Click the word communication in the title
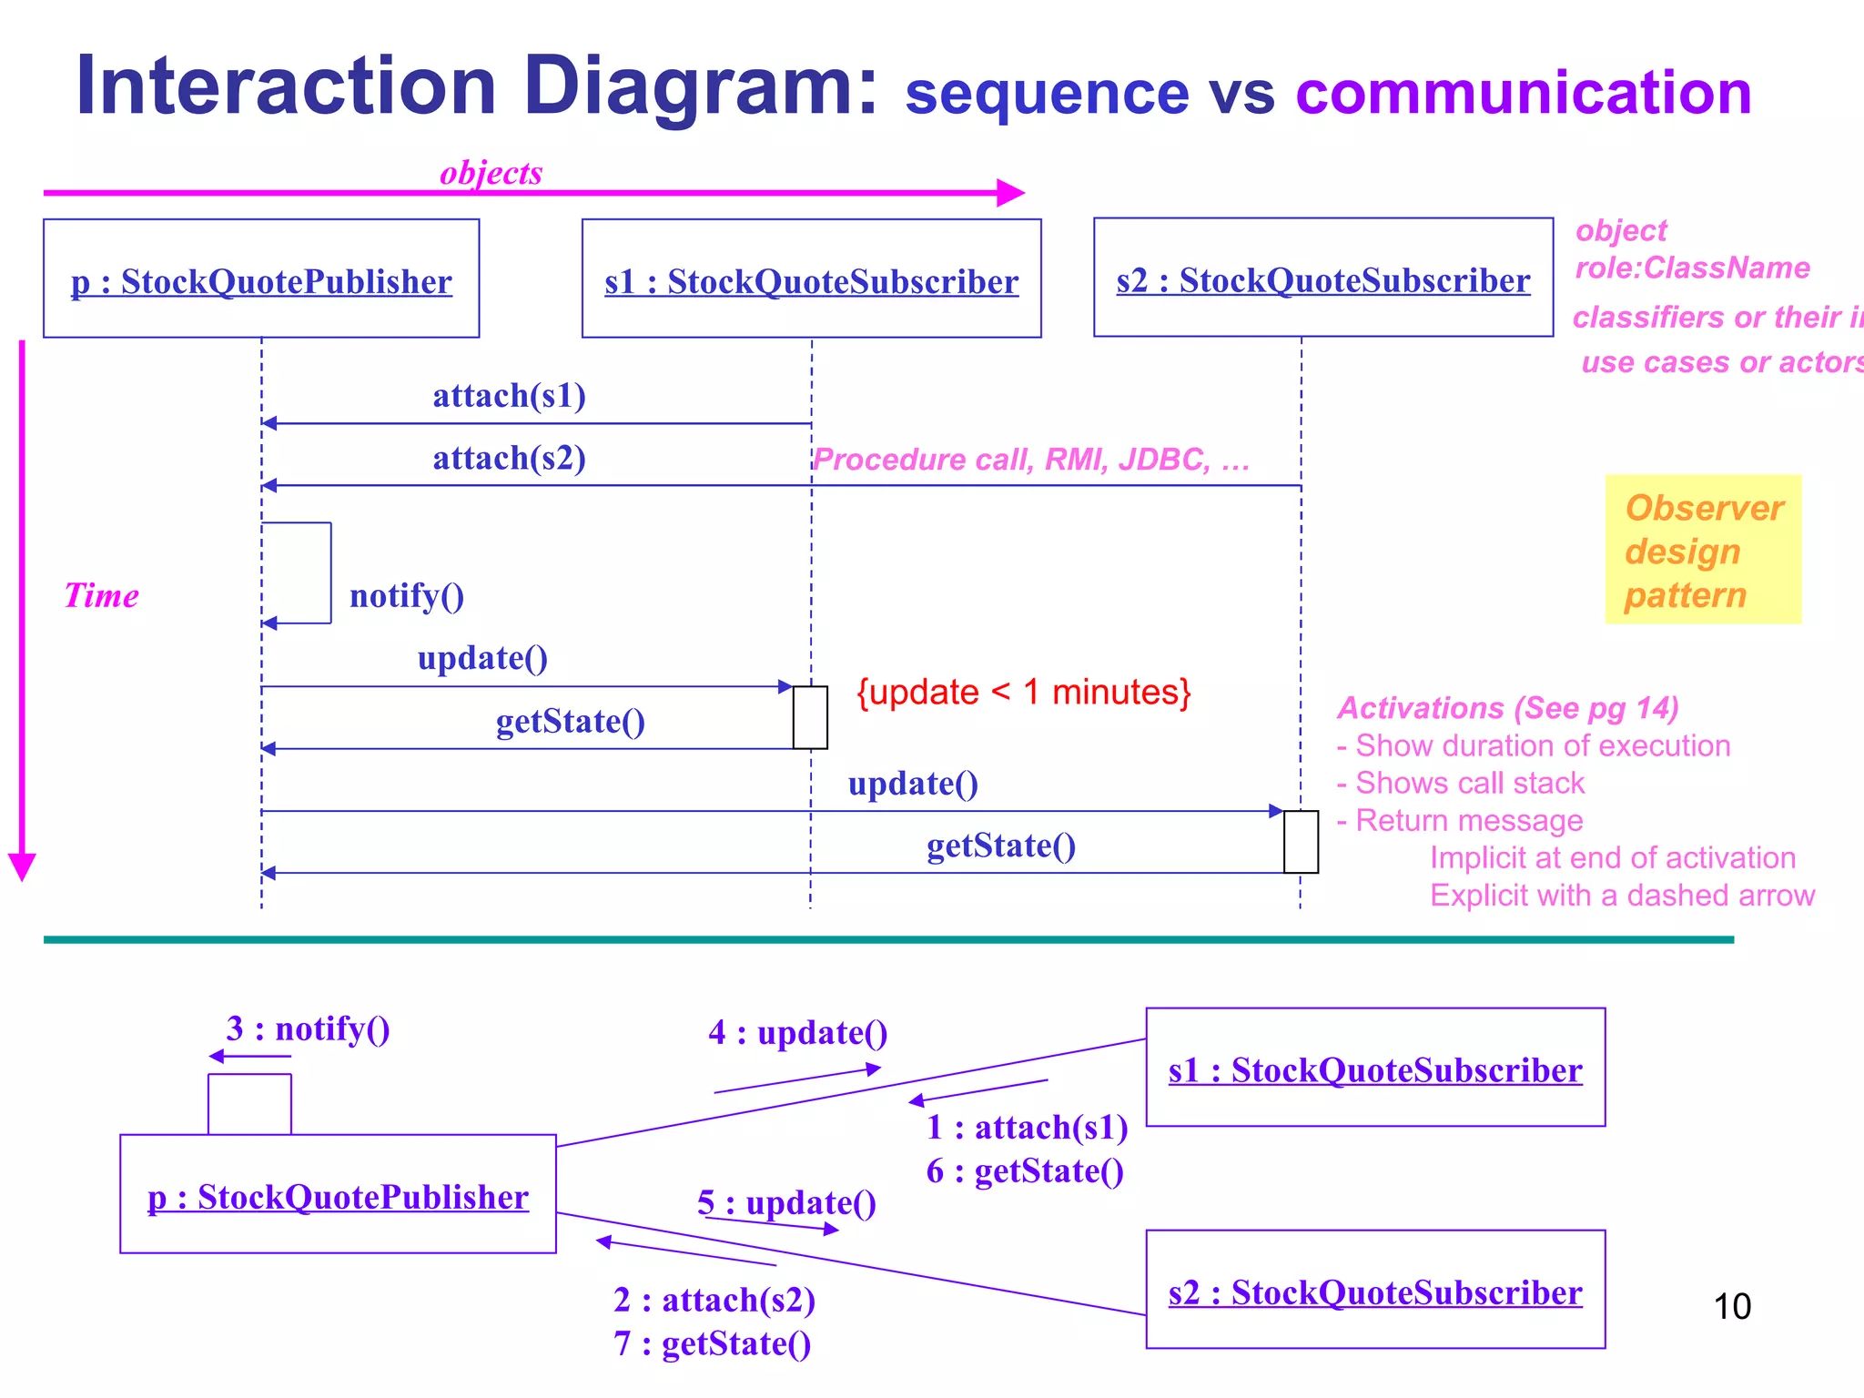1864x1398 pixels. point(1523,93)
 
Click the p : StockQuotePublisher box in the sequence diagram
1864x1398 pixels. point(261,279)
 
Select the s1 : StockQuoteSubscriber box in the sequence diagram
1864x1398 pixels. point(811,279)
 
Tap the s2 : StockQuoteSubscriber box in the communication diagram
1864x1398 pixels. point(1374,1290)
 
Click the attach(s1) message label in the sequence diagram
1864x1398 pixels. point(509,396)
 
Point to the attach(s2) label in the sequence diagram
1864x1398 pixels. point(509,458)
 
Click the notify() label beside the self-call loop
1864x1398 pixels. point(407,596)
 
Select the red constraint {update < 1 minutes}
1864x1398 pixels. point(1023,693)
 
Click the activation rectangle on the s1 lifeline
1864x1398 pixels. point(809,717)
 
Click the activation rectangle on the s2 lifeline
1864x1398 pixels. point(1300,841)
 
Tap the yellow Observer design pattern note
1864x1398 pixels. point(1702,550)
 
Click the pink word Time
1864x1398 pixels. point(101,595)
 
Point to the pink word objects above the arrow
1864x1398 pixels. point(491,172)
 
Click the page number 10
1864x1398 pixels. point(1731,1306)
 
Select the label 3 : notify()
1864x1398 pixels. point(308,1028)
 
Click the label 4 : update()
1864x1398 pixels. point(797,1033)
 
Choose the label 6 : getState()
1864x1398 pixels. point(1025,1171)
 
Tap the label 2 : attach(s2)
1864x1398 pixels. point(714,1300)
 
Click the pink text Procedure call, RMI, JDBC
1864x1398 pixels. point(1030,460)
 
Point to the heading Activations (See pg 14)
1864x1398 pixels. point(1507,707)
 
